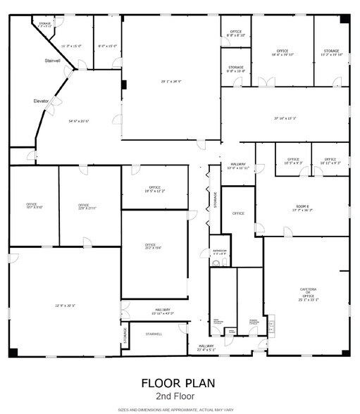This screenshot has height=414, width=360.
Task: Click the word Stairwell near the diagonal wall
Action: click(54, 61)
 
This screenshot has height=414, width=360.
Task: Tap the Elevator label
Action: click(41, 101)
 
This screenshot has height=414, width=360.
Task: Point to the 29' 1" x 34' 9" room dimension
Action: click(170, 82)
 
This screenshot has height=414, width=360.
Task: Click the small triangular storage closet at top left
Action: click(44, 27)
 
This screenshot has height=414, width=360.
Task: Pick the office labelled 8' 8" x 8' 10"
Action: click(235, 32)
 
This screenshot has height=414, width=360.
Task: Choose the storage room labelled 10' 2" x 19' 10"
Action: click(331, 53)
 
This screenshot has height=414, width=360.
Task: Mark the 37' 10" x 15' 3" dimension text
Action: click(285, 118)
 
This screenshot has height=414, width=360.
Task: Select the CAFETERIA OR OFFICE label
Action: click(309, 294)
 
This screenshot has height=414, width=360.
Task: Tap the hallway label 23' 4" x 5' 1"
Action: click(206, 348)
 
